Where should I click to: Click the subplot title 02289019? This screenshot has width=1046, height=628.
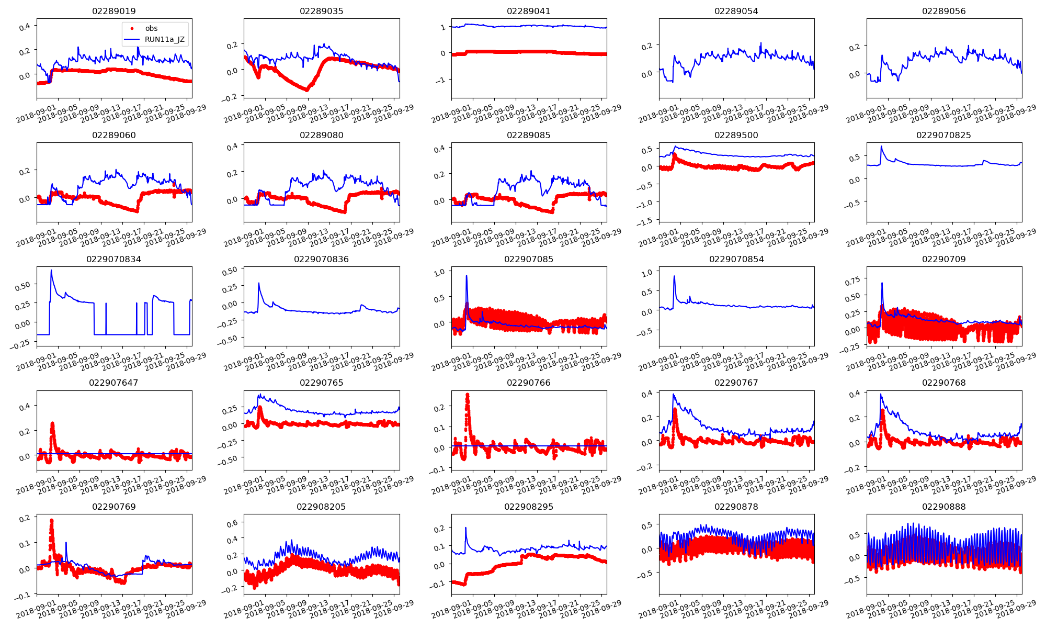point(114,11)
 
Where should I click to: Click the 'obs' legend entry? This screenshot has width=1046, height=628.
point(151,28)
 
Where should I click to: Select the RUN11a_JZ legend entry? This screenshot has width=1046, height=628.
point(164,39)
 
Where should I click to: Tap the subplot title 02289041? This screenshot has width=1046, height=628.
point(529,11)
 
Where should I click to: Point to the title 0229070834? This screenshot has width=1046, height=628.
point(114,259)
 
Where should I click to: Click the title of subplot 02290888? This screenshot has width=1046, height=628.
point(943,507)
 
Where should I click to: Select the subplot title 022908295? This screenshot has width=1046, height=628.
point(529,507)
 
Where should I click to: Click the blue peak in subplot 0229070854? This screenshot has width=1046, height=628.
point(674,276)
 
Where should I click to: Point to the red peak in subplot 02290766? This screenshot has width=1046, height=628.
point(467,395)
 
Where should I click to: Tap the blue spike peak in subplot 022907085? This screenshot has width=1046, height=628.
point(467,276)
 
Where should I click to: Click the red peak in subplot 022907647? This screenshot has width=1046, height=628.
point(52,423)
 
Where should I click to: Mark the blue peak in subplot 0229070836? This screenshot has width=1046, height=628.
point(259,283)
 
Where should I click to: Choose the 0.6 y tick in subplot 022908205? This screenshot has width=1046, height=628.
point(231,522)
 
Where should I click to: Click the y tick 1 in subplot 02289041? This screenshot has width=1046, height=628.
point(444,27)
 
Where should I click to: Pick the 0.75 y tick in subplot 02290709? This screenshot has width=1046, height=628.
point(852,281)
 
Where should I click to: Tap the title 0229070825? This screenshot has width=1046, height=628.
point(943,135)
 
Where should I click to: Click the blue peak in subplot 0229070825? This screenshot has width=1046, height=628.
point(881,147)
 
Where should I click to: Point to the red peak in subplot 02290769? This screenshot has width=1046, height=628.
point(51,521)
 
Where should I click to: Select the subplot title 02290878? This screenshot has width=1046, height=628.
point(736,507)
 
